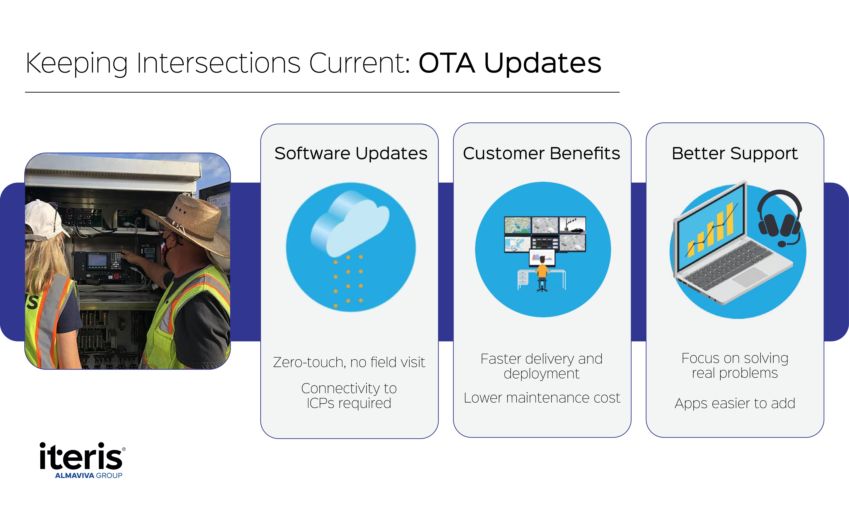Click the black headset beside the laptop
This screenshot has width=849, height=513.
point(779,217)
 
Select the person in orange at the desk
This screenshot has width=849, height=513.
point(542,270)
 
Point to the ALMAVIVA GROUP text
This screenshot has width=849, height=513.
point(89,475)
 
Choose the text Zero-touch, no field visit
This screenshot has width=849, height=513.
point(349,362)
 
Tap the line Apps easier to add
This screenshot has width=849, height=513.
point(735,403)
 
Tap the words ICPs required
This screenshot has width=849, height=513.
point(349,403)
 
